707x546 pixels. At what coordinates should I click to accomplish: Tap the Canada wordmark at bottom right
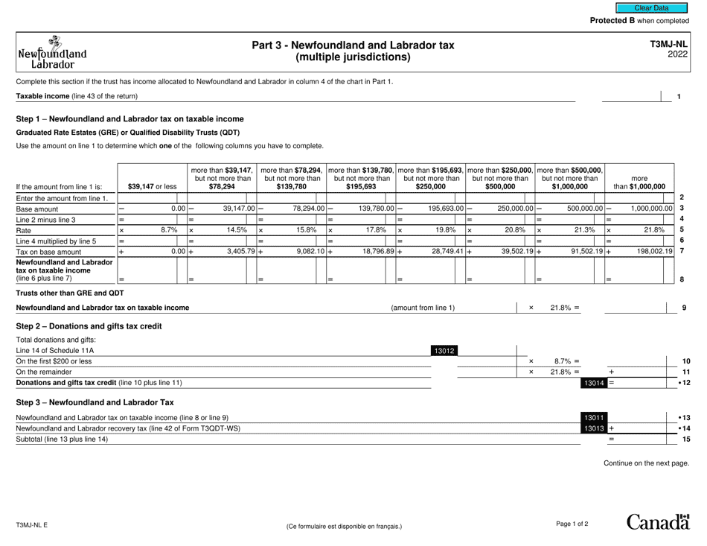(x=659, y=524)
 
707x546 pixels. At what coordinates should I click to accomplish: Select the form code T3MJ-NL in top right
(x=669, y=45)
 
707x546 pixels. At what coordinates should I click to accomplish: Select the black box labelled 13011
(x=592, y=417)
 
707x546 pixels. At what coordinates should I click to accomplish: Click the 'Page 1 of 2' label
(x=572, y=524)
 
